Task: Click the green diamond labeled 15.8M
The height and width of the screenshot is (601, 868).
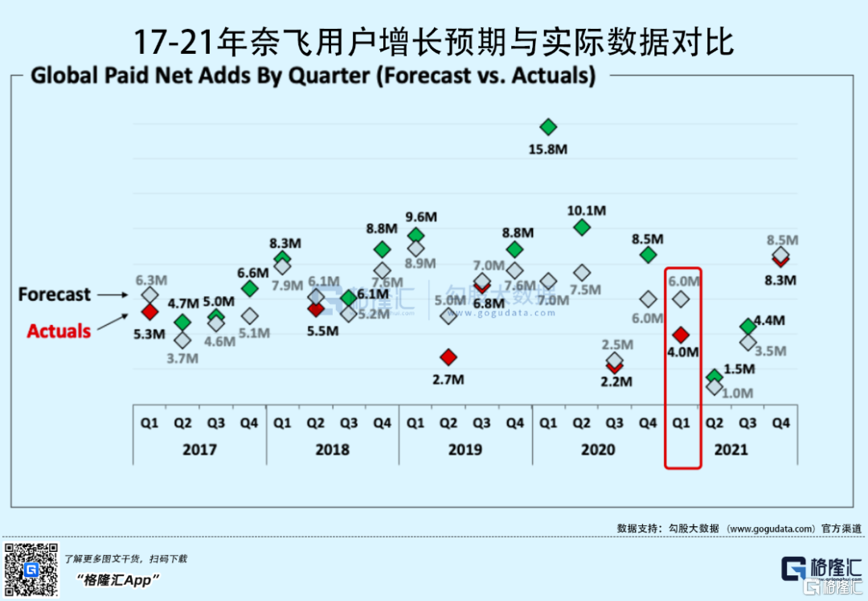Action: (x=548, y=126)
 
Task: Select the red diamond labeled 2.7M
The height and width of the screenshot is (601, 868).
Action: (x=448, y=356)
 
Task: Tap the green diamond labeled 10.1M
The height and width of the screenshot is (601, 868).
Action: (x=582, y=228)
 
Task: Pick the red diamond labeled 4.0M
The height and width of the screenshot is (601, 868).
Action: (x=681, y=334)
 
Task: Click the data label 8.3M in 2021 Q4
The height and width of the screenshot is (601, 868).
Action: (x=780, y=280)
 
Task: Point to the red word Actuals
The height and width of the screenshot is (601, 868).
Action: (x=59, y=331)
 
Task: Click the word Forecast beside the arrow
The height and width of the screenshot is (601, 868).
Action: (x=55, y=294)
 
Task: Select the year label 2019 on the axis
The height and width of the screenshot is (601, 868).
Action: (x=465, y=449)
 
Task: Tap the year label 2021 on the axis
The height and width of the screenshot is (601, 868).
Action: (x=731, y=449)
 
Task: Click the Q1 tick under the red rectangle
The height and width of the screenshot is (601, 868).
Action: (x=681, y=422)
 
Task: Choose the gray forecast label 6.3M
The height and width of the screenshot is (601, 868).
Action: (x=150, y=280)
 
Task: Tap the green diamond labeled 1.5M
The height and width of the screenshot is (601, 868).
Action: (x=714, y=377)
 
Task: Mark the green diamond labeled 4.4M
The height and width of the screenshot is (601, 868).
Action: (x=747, y=326)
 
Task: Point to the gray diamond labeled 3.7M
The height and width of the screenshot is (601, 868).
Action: (x=182, y=340)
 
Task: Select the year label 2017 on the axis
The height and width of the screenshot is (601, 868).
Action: (x=199, y=449)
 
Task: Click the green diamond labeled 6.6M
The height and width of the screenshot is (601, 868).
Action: (x=250, y=288)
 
